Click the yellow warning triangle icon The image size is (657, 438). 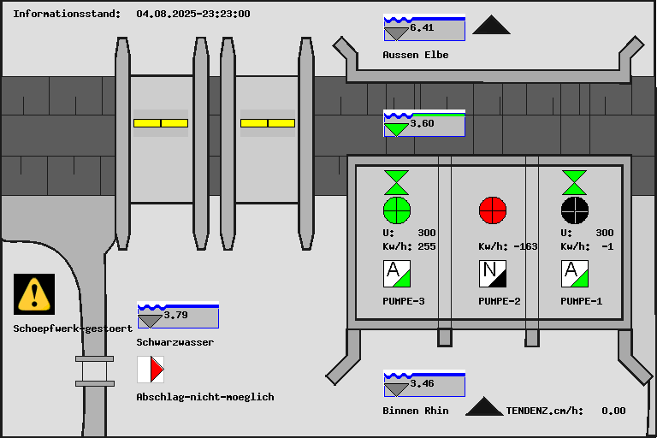[34, 294]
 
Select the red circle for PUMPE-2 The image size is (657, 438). [493, 210]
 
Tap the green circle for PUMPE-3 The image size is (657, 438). [397, 210]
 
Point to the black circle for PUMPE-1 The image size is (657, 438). [575, 210]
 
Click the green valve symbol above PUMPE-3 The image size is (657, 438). [396, 182]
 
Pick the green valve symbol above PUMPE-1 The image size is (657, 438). [575, 182]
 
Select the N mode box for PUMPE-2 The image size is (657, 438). [493, 274]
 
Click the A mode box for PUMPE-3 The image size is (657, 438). [397, 274]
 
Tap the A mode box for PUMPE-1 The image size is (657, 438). [575, 274]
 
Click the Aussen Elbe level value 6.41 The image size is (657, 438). [422, 27]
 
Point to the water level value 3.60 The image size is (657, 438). [422, 123]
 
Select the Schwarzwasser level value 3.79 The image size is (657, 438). [175, 315]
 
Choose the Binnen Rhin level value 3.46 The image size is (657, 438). [422, 383]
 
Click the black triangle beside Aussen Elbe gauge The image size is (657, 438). [492, 25]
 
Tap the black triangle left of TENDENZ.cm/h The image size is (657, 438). [484, 406]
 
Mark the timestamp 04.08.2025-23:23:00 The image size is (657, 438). [193, 14]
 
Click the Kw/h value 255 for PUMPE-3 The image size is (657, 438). [427, 246]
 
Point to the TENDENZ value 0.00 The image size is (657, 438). [613, 411]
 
